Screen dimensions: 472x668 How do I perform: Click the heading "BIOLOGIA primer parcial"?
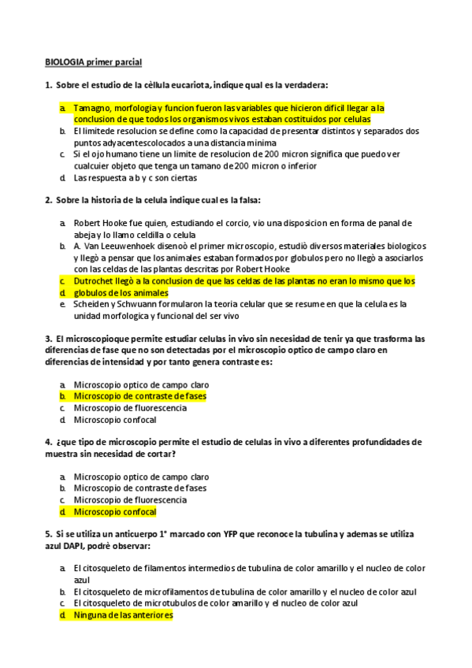(x=93, y=62)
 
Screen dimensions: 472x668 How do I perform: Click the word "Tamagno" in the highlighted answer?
(x=93, y=108)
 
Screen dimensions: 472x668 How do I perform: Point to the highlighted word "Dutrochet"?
(x=98, y=281)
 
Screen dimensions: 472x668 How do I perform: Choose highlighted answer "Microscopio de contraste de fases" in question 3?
(x=139, y=396)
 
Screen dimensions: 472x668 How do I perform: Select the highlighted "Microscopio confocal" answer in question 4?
(x=114, y=511)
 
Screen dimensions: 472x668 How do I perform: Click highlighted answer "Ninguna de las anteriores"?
(x=122, y=614)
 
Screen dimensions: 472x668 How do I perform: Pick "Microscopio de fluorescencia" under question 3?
(x=130, y=408)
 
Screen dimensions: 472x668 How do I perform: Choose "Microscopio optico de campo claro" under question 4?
(x=141, y=477)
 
